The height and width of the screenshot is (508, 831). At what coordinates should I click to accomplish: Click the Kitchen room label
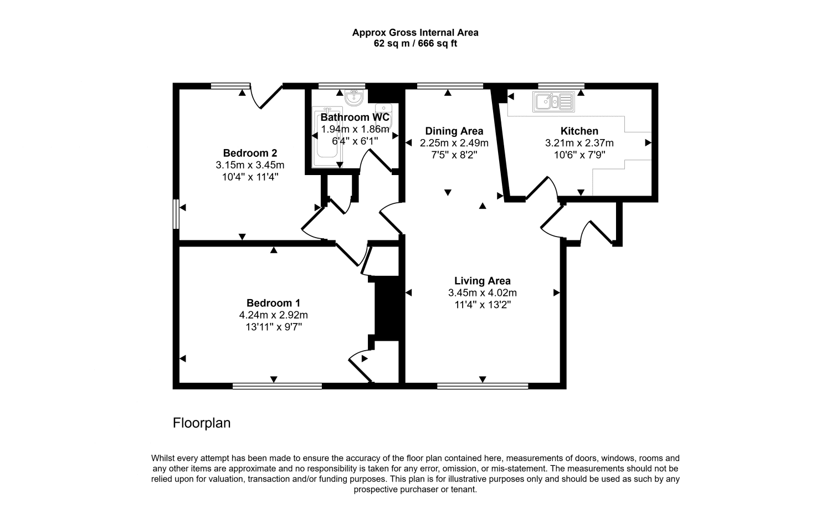coord(579,131)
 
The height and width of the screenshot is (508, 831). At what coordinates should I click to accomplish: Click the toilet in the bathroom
coord(383,110)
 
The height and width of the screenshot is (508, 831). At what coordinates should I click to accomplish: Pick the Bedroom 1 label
coord(273,303)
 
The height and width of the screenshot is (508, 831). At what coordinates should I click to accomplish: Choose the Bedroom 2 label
coord(250,153)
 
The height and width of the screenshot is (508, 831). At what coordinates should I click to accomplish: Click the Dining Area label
coord(454,131)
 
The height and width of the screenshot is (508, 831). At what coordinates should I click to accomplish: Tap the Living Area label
coord(482,281)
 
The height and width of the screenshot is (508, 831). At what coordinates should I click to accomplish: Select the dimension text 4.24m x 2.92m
coord(273,315)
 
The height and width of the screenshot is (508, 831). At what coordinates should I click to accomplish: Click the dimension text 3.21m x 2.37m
coord(579,143)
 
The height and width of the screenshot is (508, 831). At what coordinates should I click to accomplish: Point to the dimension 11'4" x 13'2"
coord(482,305)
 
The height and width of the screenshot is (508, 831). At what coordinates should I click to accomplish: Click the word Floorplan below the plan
coord(202,423)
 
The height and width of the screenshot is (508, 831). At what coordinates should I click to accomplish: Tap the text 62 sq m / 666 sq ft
coord(415,44)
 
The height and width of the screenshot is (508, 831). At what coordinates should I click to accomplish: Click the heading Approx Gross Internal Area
coord(415,33)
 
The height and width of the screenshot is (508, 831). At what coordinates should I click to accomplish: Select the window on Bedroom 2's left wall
coord(176,214)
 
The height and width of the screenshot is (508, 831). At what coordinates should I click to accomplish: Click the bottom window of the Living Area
coord(482,386)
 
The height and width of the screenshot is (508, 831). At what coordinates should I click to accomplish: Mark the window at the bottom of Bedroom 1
coord(277,386)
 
